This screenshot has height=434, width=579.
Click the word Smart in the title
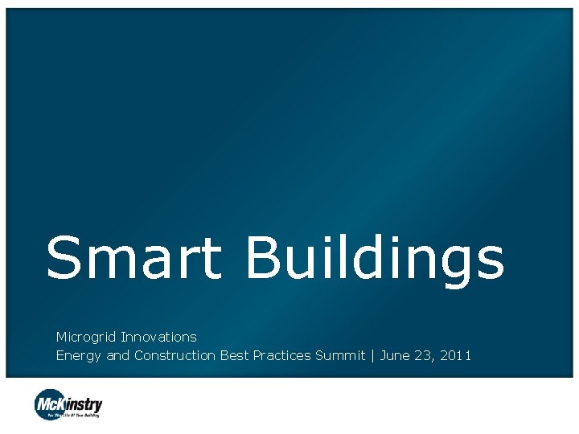coord(133,258)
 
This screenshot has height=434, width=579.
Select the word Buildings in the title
coord(375,260)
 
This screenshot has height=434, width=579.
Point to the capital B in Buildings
coord(264,258)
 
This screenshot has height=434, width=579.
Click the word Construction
coord(175,355)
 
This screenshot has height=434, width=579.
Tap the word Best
coord(234,355)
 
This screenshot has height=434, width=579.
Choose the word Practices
coord(281,355)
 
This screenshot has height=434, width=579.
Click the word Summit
coord(340,355)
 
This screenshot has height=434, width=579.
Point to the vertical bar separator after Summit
coord(372,355)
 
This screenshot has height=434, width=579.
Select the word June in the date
coord(394,355)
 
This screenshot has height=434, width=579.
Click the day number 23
coord(425,355)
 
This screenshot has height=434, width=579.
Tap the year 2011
coord(456,355)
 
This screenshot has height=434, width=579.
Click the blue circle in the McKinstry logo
coord(49,403)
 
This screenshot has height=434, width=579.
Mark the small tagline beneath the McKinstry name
coord(74,415)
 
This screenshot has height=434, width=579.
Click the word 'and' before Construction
coord(117,355)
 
